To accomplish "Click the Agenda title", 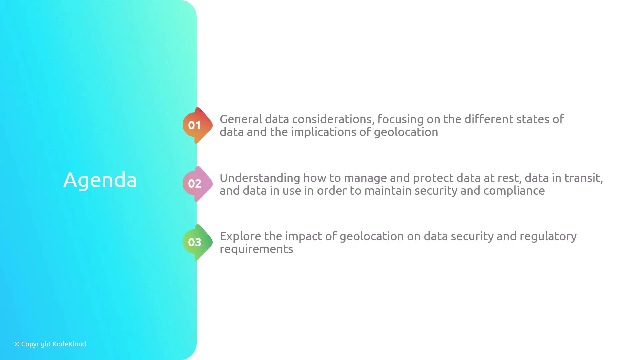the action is tap(100, 180).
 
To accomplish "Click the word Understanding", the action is tap(260, 178).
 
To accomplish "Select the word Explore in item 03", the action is tap(240, 237).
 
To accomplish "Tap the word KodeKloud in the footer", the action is tap(69, 344).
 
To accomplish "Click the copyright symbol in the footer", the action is tap(17, 344).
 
